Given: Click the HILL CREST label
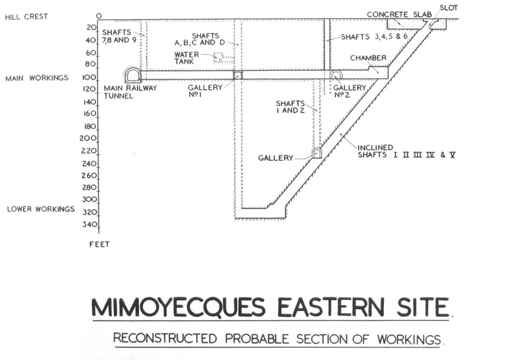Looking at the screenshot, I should pos(27,16).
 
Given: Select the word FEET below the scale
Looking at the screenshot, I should pos(99,244).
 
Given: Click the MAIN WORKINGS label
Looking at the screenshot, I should pos(37,78).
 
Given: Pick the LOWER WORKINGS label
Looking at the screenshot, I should pos(40,209).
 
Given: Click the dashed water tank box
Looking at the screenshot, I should pos(223,57).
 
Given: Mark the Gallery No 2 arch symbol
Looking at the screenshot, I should pos(336,75).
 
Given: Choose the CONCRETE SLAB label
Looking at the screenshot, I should pos(398,13).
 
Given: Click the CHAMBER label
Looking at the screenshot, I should pos(369,58).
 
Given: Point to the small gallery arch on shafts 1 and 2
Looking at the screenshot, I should pos(317,153).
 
